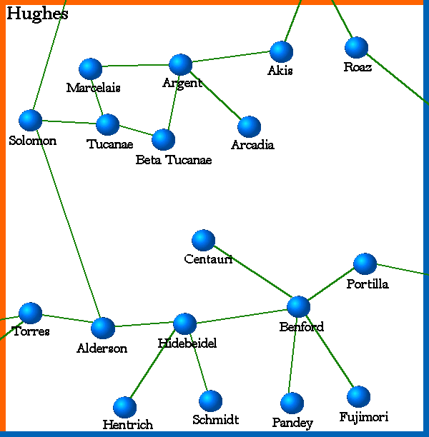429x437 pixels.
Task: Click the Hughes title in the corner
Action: click(37, 14)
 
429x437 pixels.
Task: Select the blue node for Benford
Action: click(298, 306)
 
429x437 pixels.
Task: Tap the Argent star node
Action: click(181, 64)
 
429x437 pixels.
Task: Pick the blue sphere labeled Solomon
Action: click(30, 120)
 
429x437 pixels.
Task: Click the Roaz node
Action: click(356, 47)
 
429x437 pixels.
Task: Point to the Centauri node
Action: click(204, 240)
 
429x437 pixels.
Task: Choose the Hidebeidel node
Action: click(184, 323)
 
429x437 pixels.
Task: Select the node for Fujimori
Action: click(358, 396)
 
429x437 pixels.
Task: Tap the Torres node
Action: click(30, 313)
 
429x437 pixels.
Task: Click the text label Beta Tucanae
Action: click(174, 160)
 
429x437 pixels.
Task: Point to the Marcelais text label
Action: click(93, 88)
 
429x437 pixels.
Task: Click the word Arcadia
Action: click(252, 145)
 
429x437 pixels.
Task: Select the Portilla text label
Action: click(368, 284)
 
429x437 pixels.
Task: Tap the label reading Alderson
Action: click(102, 348)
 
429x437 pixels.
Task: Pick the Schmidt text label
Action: click(215, 420)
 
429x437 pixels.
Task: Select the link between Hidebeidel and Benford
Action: click(241, 315)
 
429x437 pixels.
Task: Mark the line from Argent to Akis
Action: click(231, 58)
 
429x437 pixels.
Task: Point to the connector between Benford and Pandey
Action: click(295, 353)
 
